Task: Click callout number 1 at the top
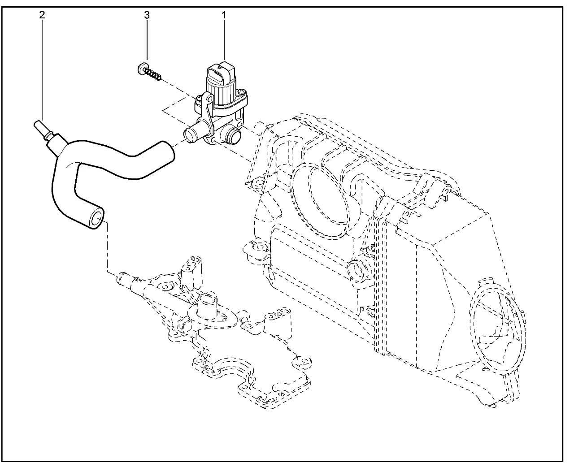point(223,15)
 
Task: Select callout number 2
point(42,15)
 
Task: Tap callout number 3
point(147,15)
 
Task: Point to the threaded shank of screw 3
point(154,75)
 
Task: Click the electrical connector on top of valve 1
point(220,73)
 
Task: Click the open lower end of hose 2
point(97,220)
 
